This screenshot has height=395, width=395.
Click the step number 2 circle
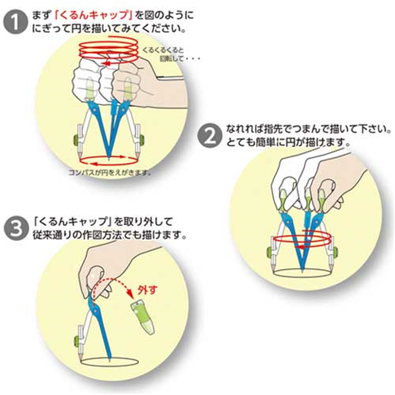tap(210, 135)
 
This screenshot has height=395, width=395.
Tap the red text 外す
tap(153, 289)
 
